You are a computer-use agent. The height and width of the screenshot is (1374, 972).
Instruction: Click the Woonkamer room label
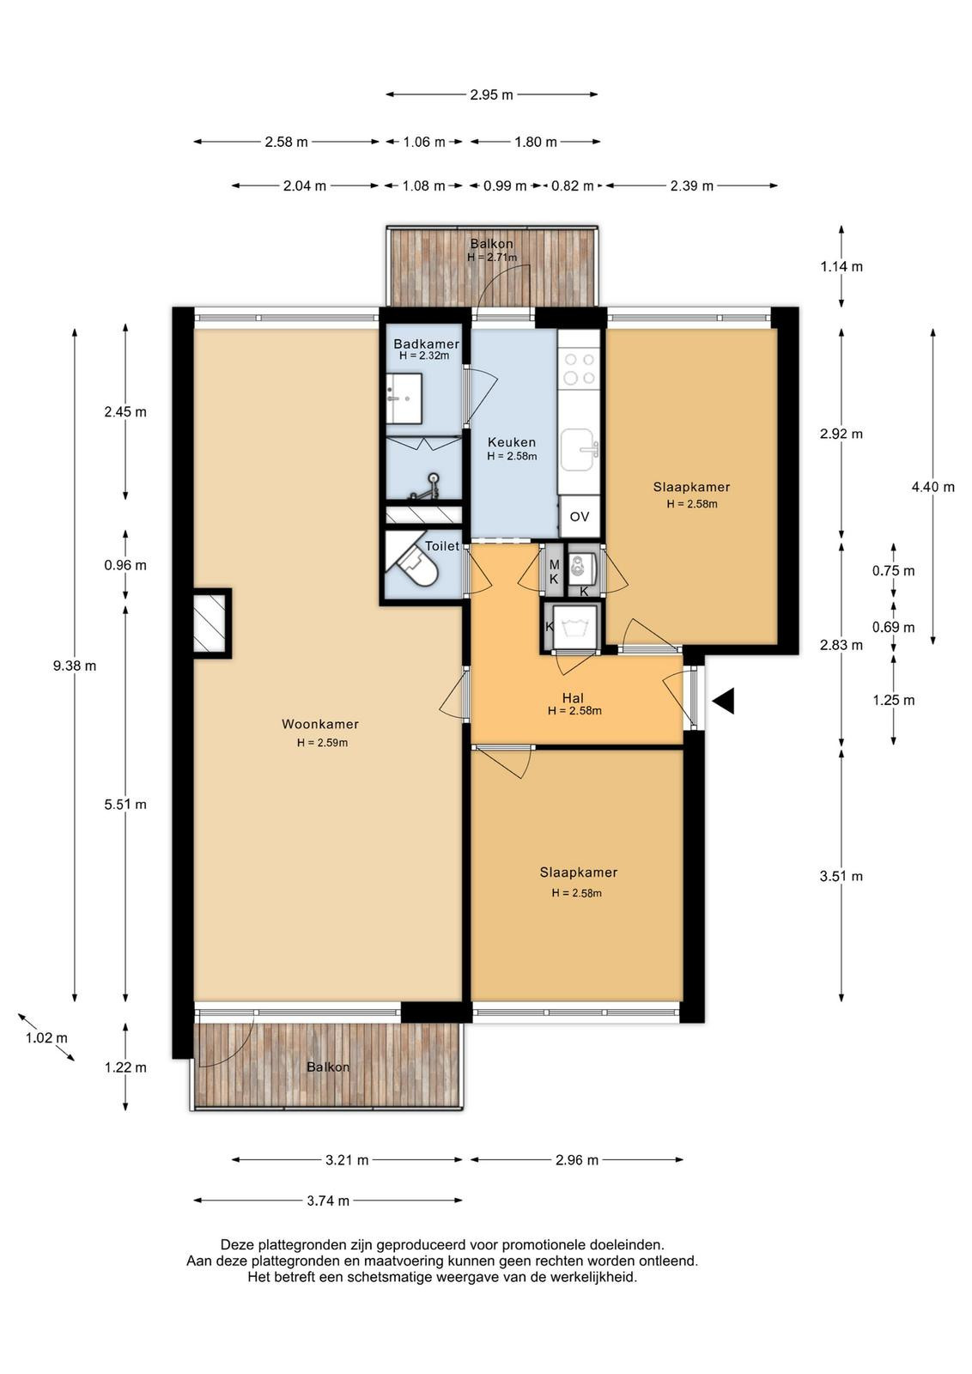point(320,724)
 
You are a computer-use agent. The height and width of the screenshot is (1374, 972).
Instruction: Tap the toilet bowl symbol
point(417,567)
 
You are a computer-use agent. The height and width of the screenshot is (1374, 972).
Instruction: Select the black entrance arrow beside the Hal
point(724,701)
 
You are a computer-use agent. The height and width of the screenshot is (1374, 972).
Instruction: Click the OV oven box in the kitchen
point(579,516)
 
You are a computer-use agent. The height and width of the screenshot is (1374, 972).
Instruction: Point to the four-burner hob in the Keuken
point(579,368)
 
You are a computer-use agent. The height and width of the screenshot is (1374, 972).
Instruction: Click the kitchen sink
point(579,450)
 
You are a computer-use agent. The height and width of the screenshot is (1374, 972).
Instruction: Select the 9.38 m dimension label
point(75,666)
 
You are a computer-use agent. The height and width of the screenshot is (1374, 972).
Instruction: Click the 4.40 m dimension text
point(933,487)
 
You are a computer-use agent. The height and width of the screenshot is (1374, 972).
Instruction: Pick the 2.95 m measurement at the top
point(492,95)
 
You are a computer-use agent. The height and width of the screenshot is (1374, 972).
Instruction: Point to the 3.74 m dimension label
point(328,1201)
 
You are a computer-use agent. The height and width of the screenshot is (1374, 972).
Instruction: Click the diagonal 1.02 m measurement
point(46,1038)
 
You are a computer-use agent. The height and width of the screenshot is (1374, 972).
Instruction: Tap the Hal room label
point(573,697)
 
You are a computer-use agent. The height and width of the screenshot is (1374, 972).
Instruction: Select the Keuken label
point(512,441)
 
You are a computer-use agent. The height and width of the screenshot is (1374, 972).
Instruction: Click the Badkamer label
point(426,343)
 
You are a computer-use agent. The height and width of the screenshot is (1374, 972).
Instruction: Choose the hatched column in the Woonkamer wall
point(211,623)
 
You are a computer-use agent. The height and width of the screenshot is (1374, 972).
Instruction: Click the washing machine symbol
point(576,626)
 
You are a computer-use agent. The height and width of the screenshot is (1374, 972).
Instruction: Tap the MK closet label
point(554,572)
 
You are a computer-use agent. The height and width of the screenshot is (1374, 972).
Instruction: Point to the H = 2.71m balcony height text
point(492,258)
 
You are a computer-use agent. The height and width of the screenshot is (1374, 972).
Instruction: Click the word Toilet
point(442,546)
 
